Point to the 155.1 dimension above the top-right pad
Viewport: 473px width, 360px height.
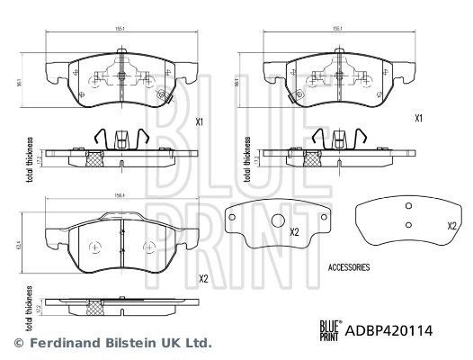pyautogui.click(x=339, y=28)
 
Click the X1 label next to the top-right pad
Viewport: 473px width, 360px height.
pyautogui.click(x=418, y=118)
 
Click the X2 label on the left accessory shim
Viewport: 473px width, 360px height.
pyautogui.click(x=293, y=231)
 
